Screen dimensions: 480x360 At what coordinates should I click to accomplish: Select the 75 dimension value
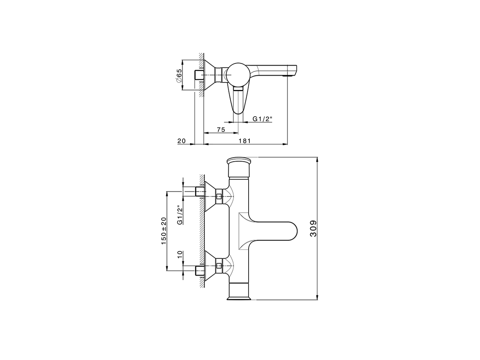pos(221,130)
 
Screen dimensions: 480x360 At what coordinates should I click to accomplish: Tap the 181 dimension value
pos(244,141)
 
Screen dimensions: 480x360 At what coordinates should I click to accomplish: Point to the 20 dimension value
pos(181,141)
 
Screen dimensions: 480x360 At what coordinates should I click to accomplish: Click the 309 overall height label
pos(313,228)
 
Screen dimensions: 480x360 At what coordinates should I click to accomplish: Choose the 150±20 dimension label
pos(164,231)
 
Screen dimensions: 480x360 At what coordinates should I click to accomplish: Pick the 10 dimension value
pos(180,254)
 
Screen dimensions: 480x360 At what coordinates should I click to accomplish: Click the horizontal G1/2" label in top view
pos(262,119)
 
